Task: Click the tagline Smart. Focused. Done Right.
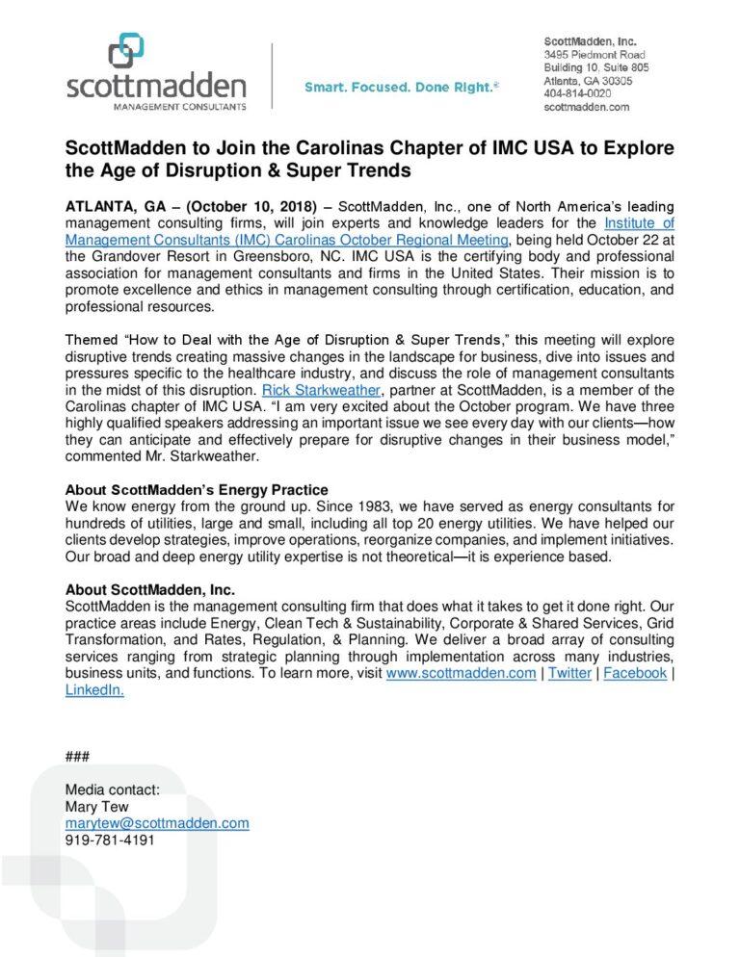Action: (401, 88)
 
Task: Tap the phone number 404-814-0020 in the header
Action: (576, 94)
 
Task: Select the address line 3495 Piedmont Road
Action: (595, 55)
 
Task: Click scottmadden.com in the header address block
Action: (587, 108)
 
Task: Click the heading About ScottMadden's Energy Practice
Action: (197, 490)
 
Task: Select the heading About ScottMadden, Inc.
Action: (150, 589)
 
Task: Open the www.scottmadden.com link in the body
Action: (461, 673)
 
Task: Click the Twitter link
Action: (569, 673)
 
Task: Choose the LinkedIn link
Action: (94, 690)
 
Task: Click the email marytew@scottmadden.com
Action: (157, 823)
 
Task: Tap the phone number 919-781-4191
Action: (109, 840)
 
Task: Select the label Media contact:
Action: (112, 789)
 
